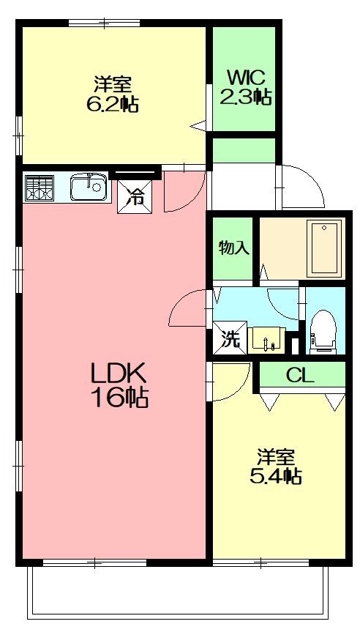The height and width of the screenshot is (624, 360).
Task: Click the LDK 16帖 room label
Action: tap(119, 385)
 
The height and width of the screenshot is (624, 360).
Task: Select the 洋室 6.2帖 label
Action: tap(111, 94)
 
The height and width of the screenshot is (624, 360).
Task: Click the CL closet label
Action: tap(300, 376)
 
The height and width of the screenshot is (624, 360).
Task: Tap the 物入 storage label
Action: tap(233, 248)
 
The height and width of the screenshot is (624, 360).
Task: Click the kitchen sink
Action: tap(89, 187)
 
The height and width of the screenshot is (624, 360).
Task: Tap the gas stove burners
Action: tap(40, 187)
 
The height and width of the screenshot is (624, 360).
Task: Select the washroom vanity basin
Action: tap(268, 339)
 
